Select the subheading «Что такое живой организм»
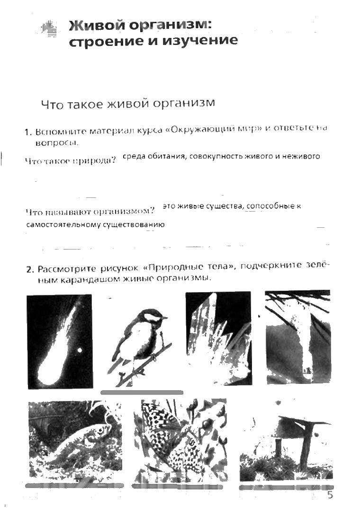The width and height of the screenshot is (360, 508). tap(128, 104)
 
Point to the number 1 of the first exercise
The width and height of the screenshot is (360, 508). tap(28, 133)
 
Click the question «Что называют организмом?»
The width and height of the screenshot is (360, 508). tap(90, 212)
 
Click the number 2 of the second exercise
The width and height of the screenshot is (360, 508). tap(29, 269)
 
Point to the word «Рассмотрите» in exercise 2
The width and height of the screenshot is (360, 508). tap(67, 269)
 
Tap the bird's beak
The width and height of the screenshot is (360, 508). tap(165, 318)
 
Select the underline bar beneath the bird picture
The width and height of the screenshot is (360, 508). tap(142, 392)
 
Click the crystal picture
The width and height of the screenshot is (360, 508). tap(218, 338)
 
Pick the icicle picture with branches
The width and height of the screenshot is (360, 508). tap(298, 337)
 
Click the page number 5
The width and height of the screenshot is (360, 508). tap(330, 495)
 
